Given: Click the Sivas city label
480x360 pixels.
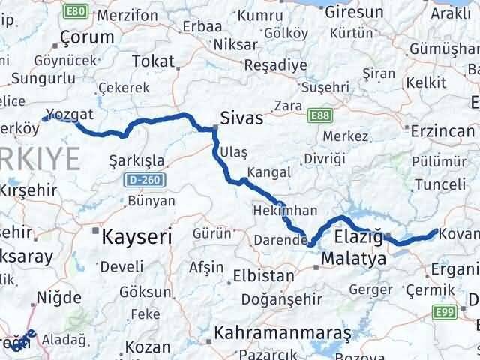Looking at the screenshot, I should click(x=242, y=118).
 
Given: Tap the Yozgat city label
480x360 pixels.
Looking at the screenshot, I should click(x=69, y=115).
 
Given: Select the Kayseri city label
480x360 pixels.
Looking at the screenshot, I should click(x=137, y=236).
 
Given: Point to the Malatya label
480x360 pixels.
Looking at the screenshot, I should click(x=352, y=259).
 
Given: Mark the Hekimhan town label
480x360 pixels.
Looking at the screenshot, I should click(x=284, y=211).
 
